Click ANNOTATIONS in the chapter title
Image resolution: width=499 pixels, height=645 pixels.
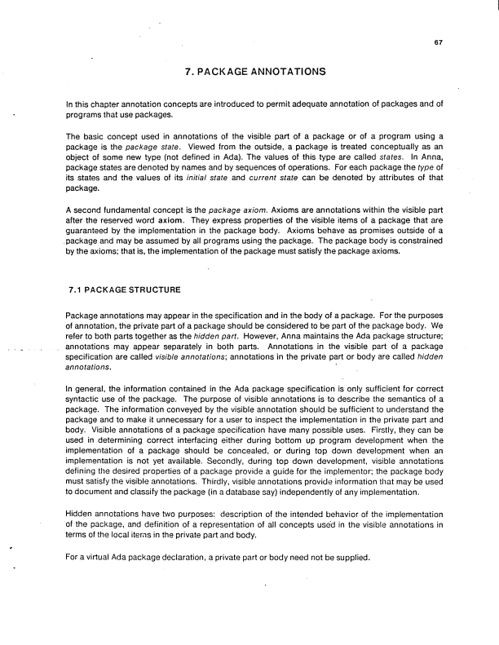point(280,72)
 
